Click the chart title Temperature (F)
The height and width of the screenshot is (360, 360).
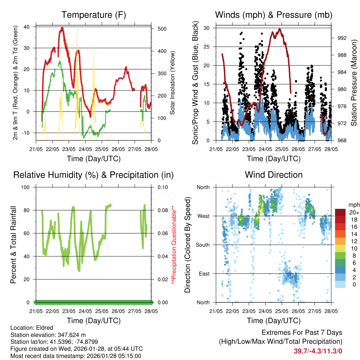(93, 15)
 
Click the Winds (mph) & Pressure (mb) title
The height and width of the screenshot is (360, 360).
(274, 15)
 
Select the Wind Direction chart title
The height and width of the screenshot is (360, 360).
(274, 175)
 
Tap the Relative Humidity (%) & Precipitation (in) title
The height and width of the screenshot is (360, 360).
(93, 175)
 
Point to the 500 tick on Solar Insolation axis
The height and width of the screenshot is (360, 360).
(162, 29)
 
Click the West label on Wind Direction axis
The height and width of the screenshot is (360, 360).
(203, 216)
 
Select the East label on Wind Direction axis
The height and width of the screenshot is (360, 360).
(204, 274)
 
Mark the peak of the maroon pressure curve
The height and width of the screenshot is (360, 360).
(280, 29)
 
